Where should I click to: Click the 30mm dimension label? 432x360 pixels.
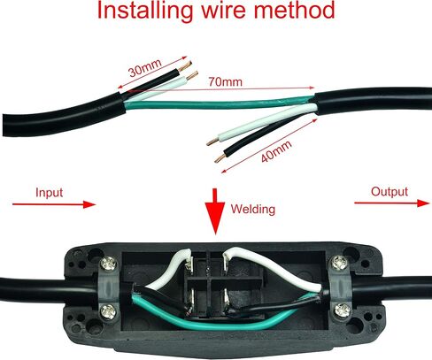click(145, 67)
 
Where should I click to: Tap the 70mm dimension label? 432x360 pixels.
click(226, 81)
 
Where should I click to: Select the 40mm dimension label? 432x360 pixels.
click(276, 151)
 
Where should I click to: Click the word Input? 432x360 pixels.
click(49, 193)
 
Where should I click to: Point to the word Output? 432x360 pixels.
click(390, 192)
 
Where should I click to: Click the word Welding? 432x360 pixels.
click(253, 210)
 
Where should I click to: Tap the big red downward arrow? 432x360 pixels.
click(215, 211)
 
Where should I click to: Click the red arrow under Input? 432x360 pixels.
click(54, 204)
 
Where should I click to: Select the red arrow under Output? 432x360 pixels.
click(392, 203)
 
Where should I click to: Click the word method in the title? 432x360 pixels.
click(294, 10)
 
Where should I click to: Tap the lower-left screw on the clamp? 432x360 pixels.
click(108, 311)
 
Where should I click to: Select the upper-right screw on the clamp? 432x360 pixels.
click(339, 263)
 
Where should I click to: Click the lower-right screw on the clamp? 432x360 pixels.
click(343, 310)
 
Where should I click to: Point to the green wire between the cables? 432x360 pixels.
click(220, 104)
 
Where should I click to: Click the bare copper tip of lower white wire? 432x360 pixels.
click(212, 142)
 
